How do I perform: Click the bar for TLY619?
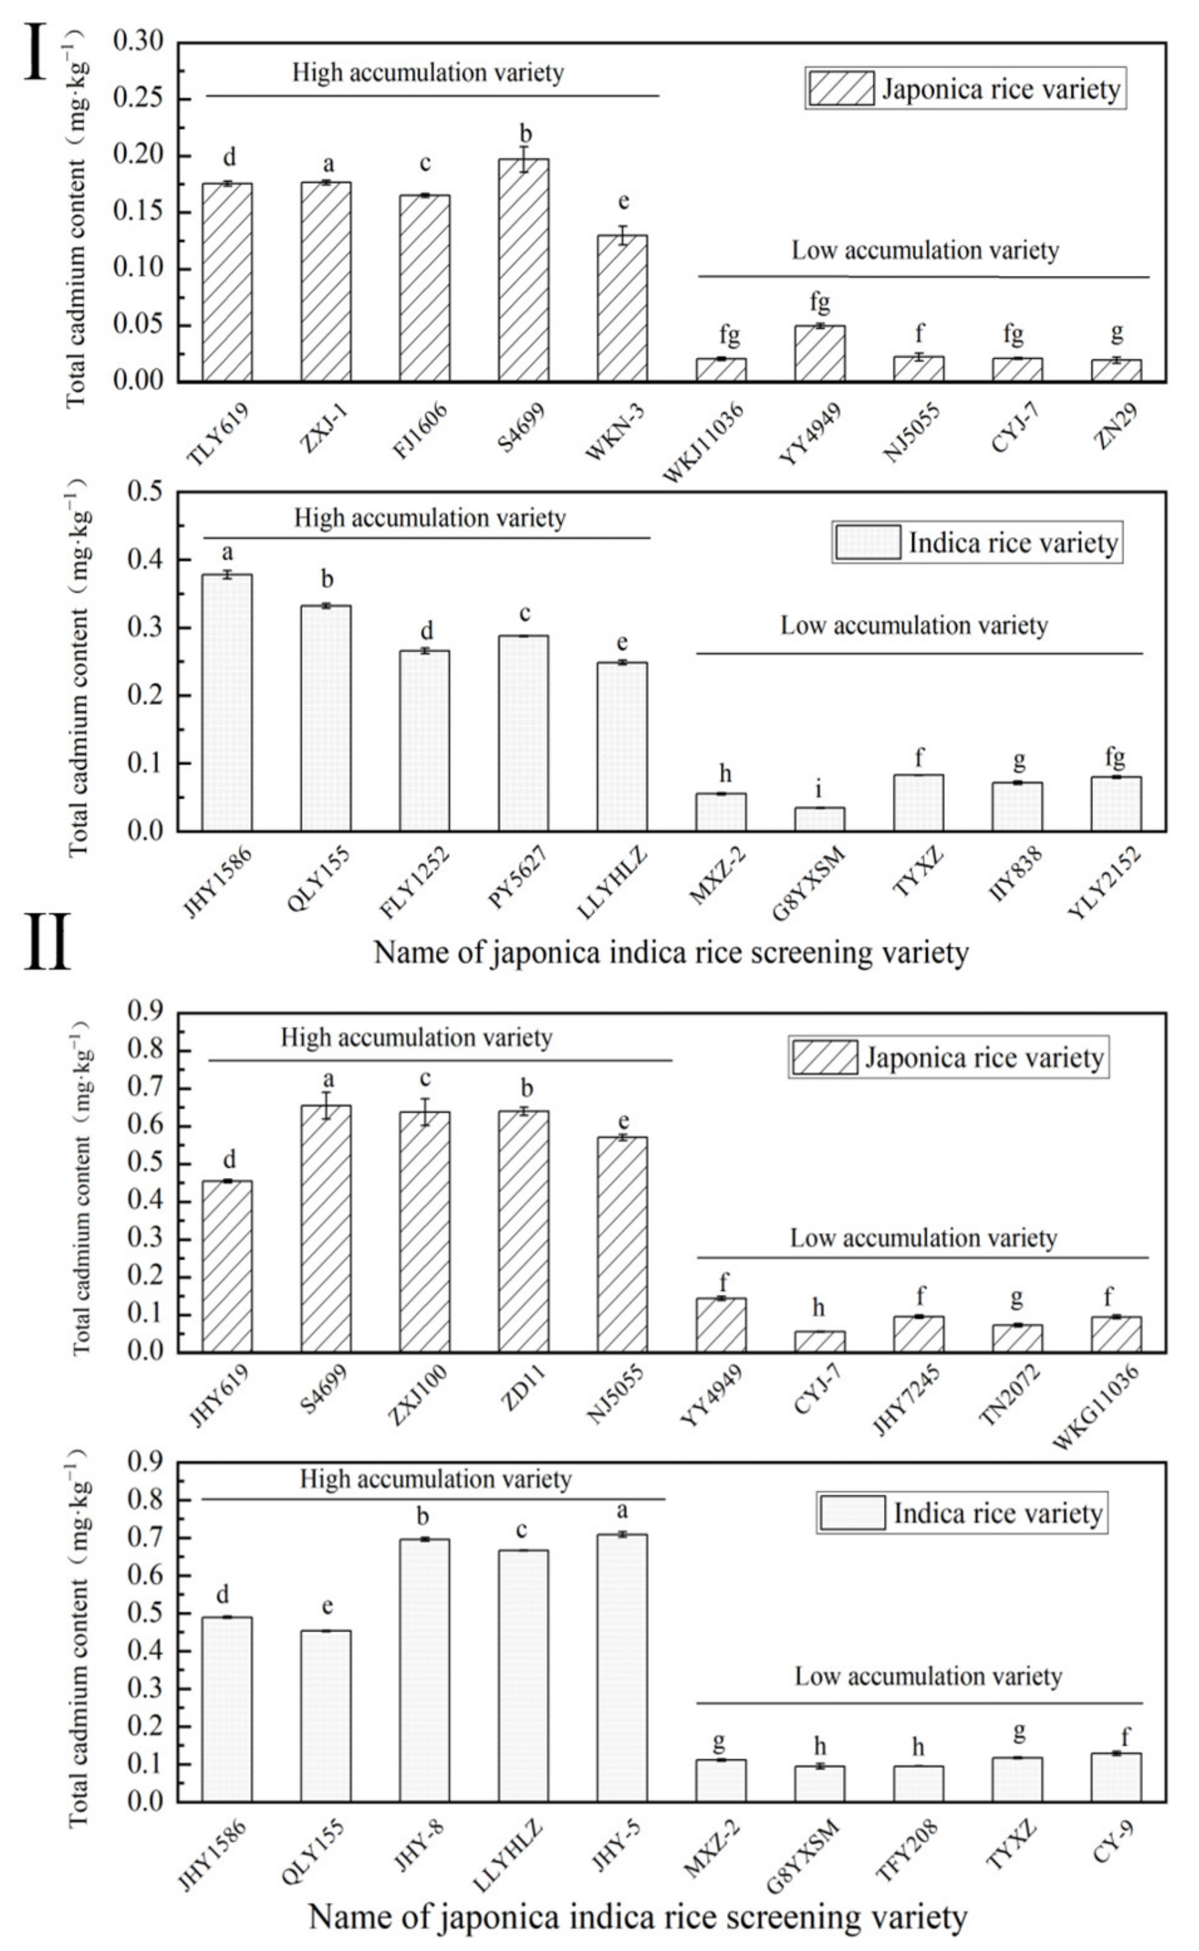click(x=227, y=283)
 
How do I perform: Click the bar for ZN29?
click(x=1116, y=371)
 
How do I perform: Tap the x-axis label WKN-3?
click(x=616, y=432)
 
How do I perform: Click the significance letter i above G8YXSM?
click(x=819, y=790)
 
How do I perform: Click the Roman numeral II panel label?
click(x=47, y=943)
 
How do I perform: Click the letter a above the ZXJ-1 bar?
click(x=328, y=165)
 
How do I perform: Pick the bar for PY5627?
click(x=523, y=733)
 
